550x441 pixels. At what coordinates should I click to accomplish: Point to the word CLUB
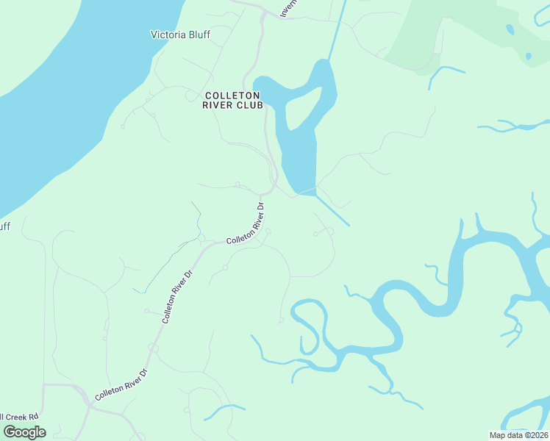pyautogui.click(x=250, y=105)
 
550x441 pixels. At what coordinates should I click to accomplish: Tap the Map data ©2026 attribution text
pyautogui.click(x=518, y=435)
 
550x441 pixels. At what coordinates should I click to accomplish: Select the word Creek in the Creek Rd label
pyautogui.click(x=16, y=417)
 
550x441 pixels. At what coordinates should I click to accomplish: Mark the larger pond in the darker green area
pyautogui.click(x=510, y=29)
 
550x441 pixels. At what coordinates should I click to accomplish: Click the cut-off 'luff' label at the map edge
pyautogui.click(x=4, y=226)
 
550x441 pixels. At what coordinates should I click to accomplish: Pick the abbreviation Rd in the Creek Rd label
pyautogui.click(x=33, y=417)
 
